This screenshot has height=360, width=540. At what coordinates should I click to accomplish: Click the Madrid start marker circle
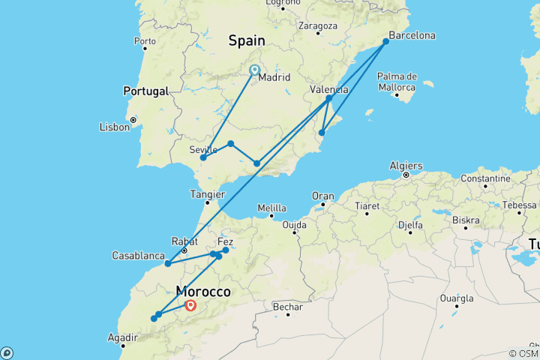(254, 70)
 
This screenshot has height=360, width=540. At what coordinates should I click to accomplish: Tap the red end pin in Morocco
(190, 305)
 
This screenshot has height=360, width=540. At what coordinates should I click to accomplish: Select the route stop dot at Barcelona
(386, 42)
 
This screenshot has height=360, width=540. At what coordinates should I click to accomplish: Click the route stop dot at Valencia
(329, 98)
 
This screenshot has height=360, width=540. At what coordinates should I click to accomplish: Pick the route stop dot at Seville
(203, 157)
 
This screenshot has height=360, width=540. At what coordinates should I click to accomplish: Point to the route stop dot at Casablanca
(168, 264)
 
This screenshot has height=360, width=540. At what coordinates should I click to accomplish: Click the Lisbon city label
(114, 127)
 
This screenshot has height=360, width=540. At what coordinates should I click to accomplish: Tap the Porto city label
(144, 40)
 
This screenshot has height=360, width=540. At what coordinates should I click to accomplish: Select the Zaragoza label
(316, 25)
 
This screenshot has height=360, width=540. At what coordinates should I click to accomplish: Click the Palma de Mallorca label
(397, 81)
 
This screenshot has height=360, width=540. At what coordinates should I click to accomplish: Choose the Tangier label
(208, 193)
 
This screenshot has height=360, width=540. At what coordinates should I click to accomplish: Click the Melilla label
(271, 208)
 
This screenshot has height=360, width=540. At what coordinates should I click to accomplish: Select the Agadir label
(122, 337)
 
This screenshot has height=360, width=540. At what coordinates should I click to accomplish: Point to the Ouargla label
(456, 298)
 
